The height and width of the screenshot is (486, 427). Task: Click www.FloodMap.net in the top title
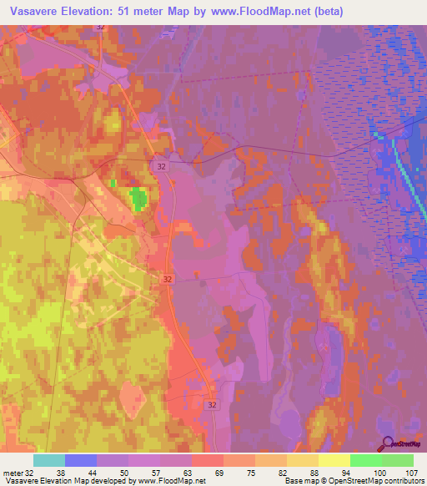coord(255,11)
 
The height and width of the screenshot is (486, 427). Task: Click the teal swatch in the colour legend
coord(49,460)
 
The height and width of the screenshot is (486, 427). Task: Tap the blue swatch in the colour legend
coord(81,460)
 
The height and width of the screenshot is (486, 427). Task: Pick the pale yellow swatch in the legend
coord(334,460)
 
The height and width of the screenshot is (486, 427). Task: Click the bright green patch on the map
coord(137,199)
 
